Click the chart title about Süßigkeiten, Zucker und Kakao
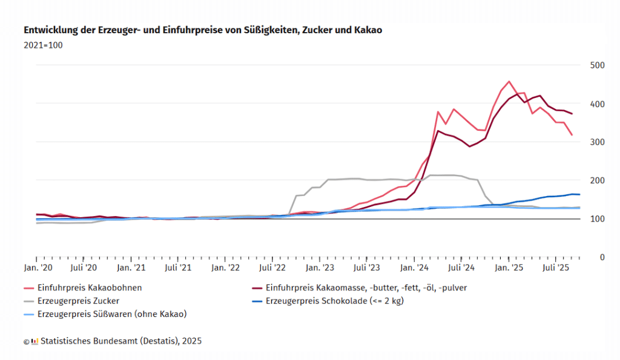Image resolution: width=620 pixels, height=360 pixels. [x=203, y=30]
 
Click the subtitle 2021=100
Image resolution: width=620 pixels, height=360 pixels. [x=43, y=45]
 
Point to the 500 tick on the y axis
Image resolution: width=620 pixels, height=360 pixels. [x=597, y=65]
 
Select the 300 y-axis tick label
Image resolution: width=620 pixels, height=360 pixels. [x=597, y=142]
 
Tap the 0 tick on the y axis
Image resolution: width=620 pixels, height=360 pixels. [x=601, y=257]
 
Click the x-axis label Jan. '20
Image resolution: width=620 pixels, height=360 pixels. [x=37, y=267]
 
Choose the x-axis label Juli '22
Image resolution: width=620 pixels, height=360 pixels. [x=272, y=267]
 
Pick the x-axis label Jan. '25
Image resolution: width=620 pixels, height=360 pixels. [x=509, y=267]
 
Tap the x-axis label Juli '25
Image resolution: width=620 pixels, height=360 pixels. [x=556, y=267]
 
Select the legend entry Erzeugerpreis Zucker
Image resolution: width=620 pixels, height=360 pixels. [x=77, y=300]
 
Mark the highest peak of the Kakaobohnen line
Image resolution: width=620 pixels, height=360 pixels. [x=509, y=81]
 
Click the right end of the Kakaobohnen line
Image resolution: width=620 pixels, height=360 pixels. [x=572, y=135]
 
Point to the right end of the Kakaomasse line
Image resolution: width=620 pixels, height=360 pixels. [x=572, y=114]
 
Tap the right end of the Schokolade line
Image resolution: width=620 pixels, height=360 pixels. [x=579, y=194]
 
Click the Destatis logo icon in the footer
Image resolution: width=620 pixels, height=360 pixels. [x=35, y=341]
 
